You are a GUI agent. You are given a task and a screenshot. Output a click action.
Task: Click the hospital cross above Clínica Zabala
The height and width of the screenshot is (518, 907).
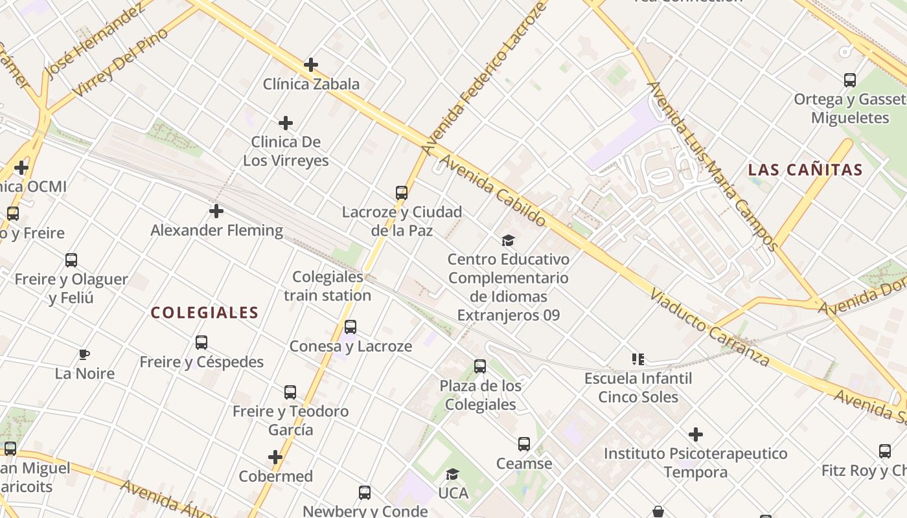tap(311, 65)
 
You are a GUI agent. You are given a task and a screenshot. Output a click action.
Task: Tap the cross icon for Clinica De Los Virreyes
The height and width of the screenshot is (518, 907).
tap(286, 123)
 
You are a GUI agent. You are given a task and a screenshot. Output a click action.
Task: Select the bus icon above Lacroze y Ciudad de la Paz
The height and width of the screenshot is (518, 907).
tap(402, 192)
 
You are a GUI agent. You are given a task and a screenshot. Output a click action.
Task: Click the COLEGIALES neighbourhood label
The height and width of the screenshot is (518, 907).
tap(205, 313)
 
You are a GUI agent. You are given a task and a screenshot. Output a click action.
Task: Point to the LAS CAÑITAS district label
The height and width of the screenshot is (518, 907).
tap(805, 170)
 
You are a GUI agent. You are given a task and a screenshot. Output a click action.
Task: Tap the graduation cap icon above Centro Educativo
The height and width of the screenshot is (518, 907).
tap(509, 240)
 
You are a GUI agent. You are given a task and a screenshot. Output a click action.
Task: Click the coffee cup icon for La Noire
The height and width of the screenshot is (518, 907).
tap(84, 354)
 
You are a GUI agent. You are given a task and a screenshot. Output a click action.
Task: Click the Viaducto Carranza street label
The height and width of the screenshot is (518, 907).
tap(709, 328)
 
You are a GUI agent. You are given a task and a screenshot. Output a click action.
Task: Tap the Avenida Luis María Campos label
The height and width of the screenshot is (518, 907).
tap(713, 166)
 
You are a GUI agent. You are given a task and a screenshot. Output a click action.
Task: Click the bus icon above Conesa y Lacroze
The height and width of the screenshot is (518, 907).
tap(350, 327)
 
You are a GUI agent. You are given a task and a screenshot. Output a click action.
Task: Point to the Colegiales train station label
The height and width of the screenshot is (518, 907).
tap(328, 286)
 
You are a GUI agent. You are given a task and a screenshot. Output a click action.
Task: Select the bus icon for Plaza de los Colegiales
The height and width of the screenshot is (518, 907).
tap(480, 366)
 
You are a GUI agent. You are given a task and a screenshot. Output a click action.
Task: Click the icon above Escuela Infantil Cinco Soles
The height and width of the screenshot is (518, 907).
tap(638, 359)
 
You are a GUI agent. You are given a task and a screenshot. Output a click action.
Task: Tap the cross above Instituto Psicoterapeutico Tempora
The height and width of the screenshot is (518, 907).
tap(696, 434)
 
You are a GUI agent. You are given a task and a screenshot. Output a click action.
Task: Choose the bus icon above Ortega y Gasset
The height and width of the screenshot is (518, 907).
tap(850, 80)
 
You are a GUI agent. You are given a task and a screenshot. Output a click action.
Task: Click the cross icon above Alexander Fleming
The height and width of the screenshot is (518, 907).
tap(216, 211)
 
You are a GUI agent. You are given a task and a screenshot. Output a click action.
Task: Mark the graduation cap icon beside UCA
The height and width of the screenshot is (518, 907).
tap(453, 474)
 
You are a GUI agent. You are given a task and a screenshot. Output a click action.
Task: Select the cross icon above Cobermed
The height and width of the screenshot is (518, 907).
tap(275, 457)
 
